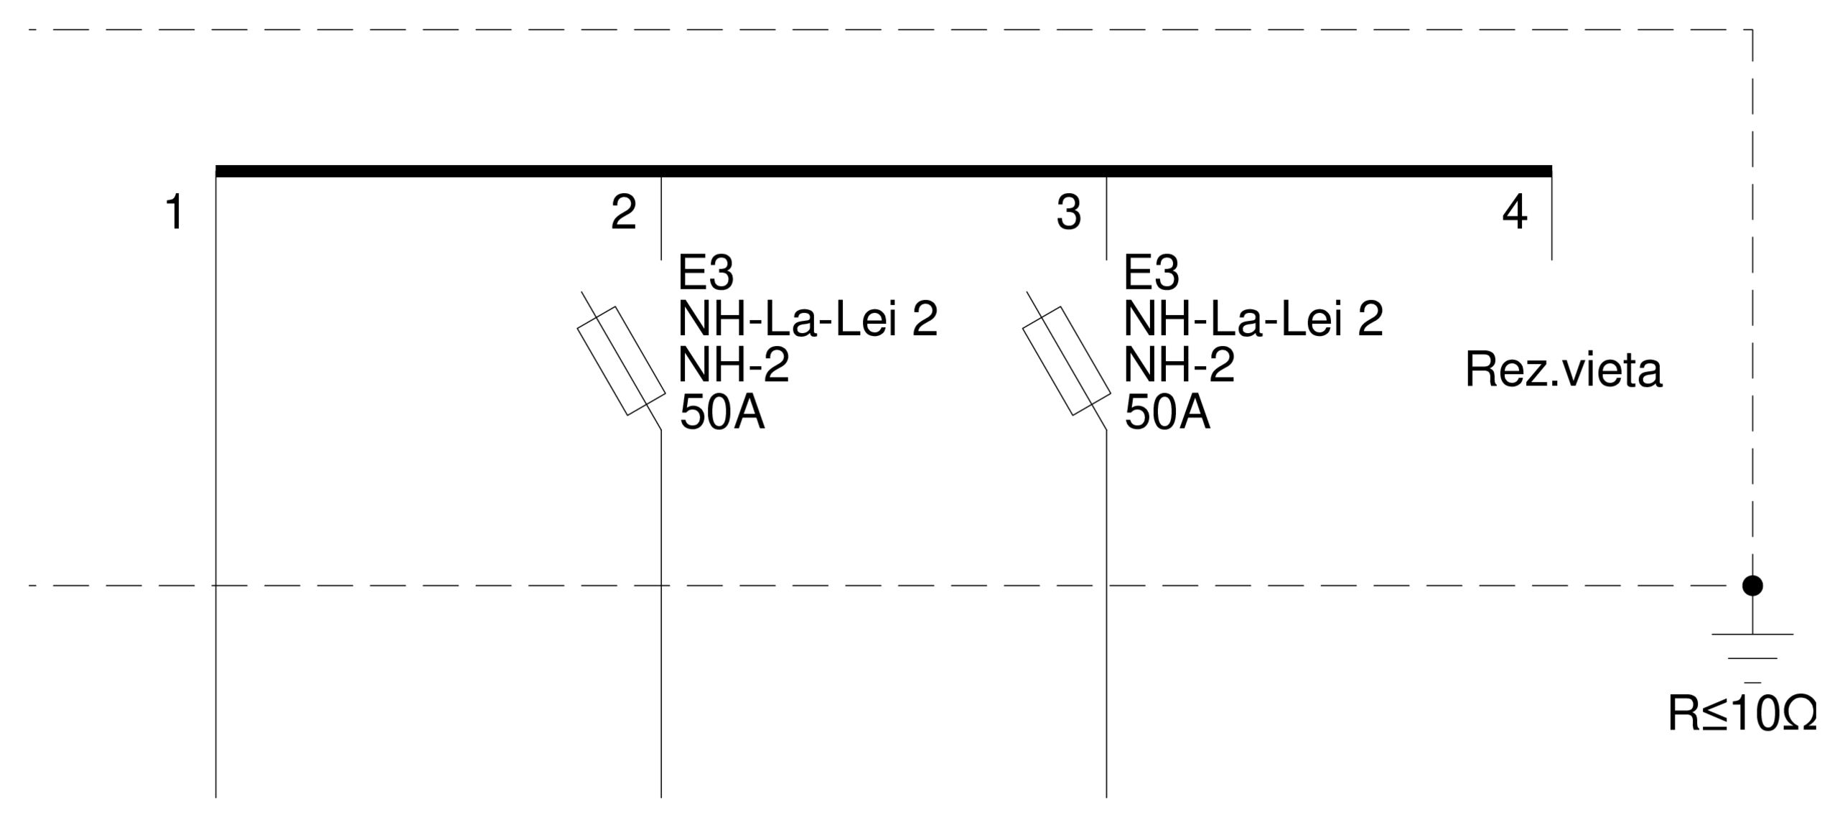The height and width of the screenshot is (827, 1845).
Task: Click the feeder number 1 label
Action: pyautogui.click(x=175, y=212)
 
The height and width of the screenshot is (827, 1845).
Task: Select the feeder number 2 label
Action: pyautogui.click(x=623, y=212)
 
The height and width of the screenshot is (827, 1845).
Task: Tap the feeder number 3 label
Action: pyautogui.click(x=1069, y=212)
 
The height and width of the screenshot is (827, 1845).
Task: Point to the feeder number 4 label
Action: pyautogui.click(x=1515, y=212)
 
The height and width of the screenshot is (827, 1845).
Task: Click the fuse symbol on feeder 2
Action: pyautogui.click(x=622, y=360)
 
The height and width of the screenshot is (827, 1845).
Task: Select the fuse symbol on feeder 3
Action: pyautogui.click(x=1067, y=360)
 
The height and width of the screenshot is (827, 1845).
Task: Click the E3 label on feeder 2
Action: pyautogui.click(x=706, y=273)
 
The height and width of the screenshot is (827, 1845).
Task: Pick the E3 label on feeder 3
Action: pyautogui.click(x=1151, y=273)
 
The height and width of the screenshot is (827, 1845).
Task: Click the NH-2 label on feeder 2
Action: pyautogui.click(x=734, y=365)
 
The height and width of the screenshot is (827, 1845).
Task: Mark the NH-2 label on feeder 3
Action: pyautogui.click(x=1179, y=365)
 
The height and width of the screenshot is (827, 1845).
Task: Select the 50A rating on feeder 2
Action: pyautogui.click(x=722, y=413)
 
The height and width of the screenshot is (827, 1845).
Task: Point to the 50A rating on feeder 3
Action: pyautogui.click(x=1167, y=413)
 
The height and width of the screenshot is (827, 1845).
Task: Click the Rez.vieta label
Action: pyautogui.click(x=1563, y=370)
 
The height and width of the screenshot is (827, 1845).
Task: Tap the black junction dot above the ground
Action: pyautogui.click(x=1752, y=586)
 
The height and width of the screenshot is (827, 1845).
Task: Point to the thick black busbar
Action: pyautogui.click(x=883, y=171)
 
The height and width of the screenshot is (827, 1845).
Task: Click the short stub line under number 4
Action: pyautogui.click(x=1552, y=219)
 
